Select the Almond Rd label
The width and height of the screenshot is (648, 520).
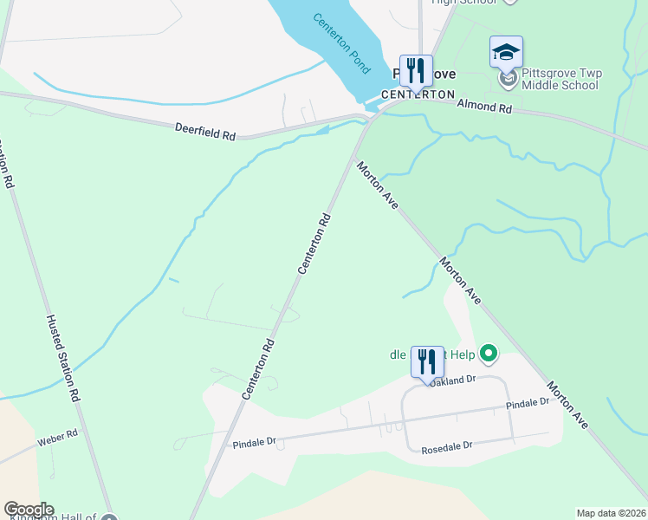[x=484, y=107]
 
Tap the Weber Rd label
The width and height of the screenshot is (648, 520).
[x=57, y=438]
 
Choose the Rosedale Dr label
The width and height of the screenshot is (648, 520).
[x=446, y=448]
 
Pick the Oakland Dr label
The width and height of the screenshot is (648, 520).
[x=453, y=380]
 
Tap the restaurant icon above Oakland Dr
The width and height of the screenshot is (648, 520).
[x=427, y=361]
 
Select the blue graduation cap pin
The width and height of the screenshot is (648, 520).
[x=506, y=53]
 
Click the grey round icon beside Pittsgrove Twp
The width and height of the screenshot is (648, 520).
[x=509, y=80]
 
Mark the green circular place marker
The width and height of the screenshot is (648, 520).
[x=489, y=353]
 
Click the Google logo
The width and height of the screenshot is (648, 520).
[x=29, y=510]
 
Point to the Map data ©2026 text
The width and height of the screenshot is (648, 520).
[x=610, y=513]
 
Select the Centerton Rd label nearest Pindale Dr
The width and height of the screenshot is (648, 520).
[x=259, y=368]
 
